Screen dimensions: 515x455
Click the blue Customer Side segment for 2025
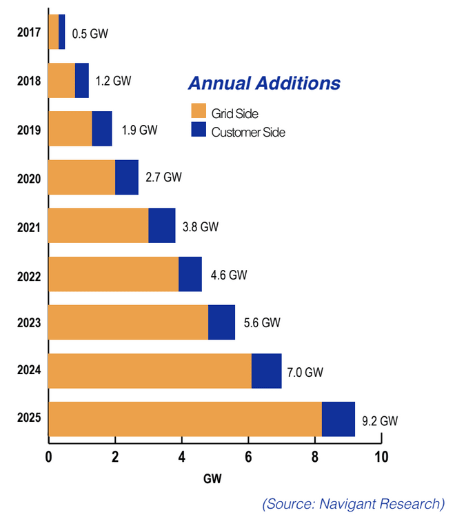pyautogui.click(x=338, y=418)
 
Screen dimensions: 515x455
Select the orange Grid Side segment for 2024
pyautogui.click(x=150, y=371)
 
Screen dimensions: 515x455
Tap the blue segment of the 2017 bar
pyautogui.click(x=62, y=32)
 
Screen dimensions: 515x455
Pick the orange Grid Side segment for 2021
pyautogui.click(x=99, y=226)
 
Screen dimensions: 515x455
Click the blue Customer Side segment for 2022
pyautogui.click(x=190, y=274)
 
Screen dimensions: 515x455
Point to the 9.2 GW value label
pyautogui.click(x=380, y=420)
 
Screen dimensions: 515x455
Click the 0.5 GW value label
pyautogui.click(x=90, y=33)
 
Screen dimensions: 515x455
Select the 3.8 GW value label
pyautogui.click(x=201, y=226)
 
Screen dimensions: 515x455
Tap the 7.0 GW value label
pyautogui.click(x=305, y=372)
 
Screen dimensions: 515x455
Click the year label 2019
pyautogui.click(x=29, y=130)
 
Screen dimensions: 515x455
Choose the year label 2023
pyautogui.click(x=29, y=322)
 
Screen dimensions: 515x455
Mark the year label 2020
pyautogui.click(x=29, y=178)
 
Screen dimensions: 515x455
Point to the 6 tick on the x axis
pyautogui.click(x=247, y=457)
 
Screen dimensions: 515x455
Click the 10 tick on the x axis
pyautogui.click(x=381, y=457)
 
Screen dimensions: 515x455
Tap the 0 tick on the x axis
pyautogui.click(x=48, y=457)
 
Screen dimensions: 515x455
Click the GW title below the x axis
pyautogui.click(x=212, y=478)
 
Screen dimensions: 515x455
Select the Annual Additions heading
pyautogui.click(x=264, y=84)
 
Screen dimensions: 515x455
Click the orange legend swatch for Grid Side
pyautogui.click(x=199, y=112)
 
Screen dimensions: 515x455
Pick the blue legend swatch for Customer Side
pyautogui.click(x=199, y=130)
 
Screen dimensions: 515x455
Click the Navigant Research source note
pyautogui.click(x=353, y=503)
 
